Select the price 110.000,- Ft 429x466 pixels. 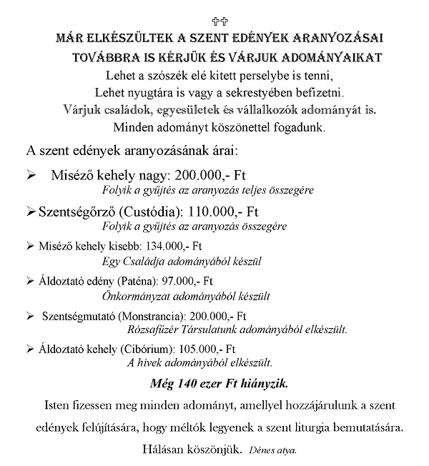pyautogui.click(x=237, y=212)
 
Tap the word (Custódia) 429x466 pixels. pyautogui.click(x=156, y=212)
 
